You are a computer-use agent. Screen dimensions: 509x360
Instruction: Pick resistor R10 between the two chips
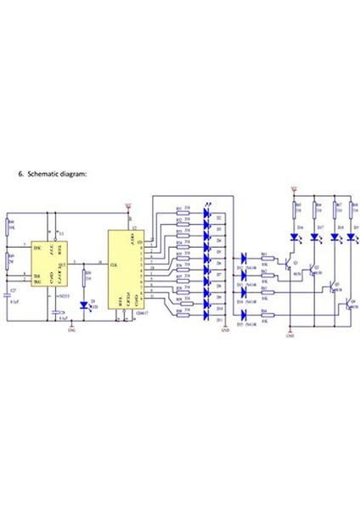pyautogui.click(x=85, y=277)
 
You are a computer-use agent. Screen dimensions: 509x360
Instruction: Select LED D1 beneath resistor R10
pyautogui.click(x=85, y=304)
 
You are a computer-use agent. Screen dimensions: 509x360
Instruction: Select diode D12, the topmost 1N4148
pyautogui.click(x=245, y=257)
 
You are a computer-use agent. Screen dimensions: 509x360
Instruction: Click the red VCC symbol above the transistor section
pyautogui.click(x=293, y=190)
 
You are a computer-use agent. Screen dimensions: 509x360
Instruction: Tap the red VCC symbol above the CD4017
pyautogui.click(x=128, y=204)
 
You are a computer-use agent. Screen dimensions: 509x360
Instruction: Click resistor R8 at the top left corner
pyautogui.click(x=8, y=226)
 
